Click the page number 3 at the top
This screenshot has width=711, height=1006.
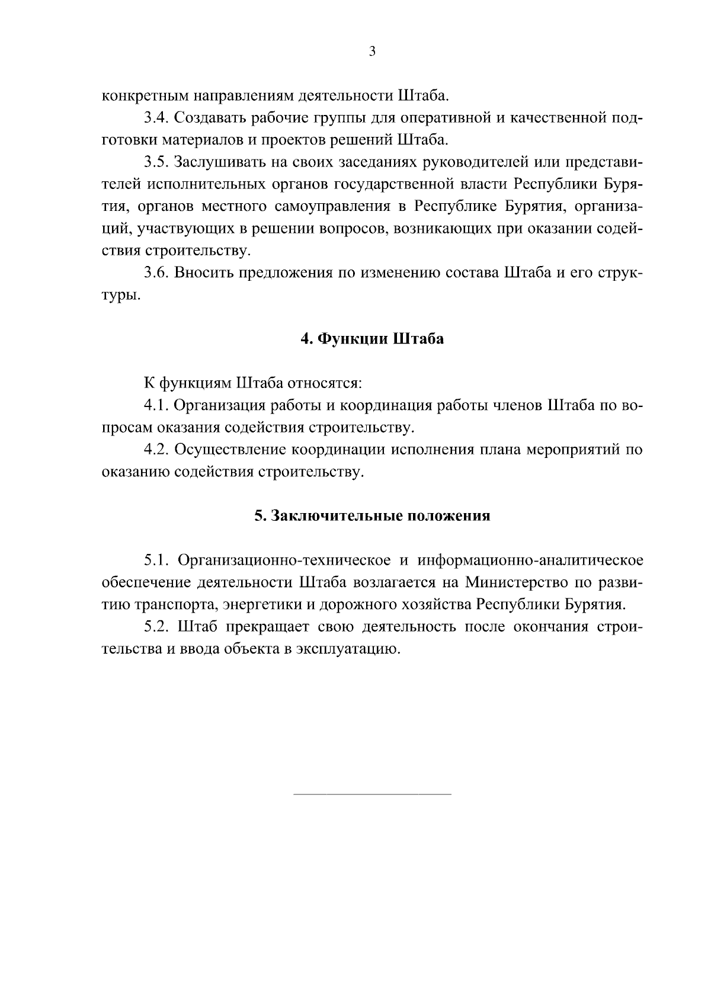[372, 52]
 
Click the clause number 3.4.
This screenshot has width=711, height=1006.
[156, 117]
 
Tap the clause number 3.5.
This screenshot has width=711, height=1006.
[156, 162]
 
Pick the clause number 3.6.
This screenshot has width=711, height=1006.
[156, 273]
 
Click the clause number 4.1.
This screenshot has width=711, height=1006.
[156, 405]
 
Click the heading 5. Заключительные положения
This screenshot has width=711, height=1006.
[372, 515]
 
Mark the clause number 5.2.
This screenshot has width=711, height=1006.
[156, 627]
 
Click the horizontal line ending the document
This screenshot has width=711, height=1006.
[372, 794]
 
